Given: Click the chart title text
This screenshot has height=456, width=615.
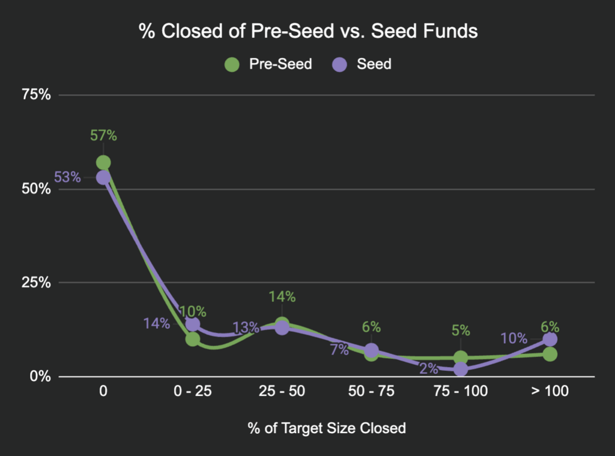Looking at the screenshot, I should (x=308, y=31).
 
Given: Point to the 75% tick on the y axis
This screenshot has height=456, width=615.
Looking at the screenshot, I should (x=37, y=95).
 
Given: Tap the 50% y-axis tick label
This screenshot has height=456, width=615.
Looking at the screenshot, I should (x=37, y=189).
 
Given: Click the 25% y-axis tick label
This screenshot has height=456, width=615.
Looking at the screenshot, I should (x=37, y=283).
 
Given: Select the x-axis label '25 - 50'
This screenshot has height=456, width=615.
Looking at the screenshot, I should (x=282, y=392).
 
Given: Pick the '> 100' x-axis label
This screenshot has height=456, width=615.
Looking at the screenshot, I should (x=550, y=392).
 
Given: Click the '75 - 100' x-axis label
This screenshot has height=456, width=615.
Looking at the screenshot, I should (x=461, y=392).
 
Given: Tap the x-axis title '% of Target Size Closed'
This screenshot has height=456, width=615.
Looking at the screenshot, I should (x=327, y=428).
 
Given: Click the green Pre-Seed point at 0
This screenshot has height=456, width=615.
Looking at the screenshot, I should (x=103, y=163).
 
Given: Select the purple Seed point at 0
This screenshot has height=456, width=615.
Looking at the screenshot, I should (x=103, y=178).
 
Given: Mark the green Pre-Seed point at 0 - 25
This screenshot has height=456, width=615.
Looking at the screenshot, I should (x=193, y=339).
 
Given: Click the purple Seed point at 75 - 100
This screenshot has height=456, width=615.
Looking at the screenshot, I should (x=461, y=369).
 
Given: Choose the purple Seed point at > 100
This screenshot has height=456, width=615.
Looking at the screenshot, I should (x=550, y=340).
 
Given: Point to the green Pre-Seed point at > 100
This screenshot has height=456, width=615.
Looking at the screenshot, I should (x=550, y=354).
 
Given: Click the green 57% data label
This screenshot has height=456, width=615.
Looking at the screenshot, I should (x=103, y=136).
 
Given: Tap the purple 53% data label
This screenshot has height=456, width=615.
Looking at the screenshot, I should (x=67, y=177).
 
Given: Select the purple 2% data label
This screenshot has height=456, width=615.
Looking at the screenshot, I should (x=428, y=369).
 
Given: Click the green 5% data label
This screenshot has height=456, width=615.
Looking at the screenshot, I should (x=461, y=331).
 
